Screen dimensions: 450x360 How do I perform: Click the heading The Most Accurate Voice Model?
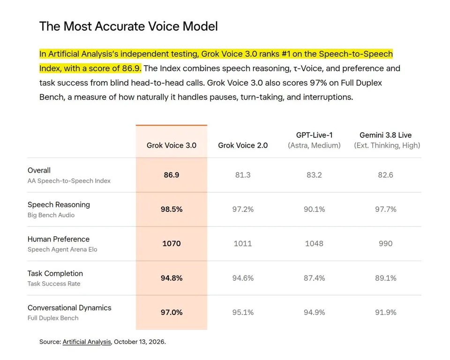coord(128,26)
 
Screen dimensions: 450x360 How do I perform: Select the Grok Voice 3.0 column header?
coord(172,145)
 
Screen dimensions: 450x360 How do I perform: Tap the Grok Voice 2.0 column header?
coord(243,145)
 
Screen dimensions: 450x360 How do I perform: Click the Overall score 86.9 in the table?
coord(172,175)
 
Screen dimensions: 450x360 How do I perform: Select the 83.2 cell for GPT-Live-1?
coord(314,175)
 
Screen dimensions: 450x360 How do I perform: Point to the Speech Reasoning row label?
coord(59,205)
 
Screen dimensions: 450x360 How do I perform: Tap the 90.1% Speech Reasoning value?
coord(314,209)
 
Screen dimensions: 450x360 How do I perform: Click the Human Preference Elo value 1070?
coord(172,243)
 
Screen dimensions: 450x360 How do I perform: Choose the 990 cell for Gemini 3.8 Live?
coord(385,243)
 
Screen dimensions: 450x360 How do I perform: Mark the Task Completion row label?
coord(55,274)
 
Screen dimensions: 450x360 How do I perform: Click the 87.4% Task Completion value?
coord(314,278)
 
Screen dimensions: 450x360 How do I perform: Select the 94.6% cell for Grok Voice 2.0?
coord(243,278)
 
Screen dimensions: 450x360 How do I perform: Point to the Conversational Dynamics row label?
coord(69,308)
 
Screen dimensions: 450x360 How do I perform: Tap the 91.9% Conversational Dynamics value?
coord(385,312)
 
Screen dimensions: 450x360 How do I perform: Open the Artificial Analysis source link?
coord(87,342)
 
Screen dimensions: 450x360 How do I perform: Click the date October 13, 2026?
coord(139,342)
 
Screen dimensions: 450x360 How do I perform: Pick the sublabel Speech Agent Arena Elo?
coord(62,249)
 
